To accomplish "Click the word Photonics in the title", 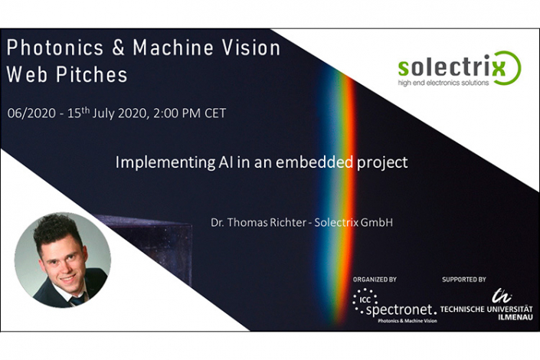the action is (x=54, y=47).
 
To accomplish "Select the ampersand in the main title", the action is (x=118, y=47).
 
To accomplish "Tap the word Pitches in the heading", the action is (x=92, y=74).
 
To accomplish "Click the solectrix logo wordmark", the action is (x=451, y=67).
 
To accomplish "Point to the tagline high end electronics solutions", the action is (x=443, y=83).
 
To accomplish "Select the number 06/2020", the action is (x=31, y=113).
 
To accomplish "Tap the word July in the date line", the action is (x=103, y=113).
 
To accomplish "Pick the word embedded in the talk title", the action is (x=314, y=162).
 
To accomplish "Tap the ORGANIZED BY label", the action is (x=375, y=280).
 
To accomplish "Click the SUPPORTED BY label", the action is (x=464, y=280).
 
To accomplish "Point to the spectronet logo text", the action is (x=401, y=310).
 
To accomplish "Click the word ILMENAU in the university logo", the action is (x=515, y=317).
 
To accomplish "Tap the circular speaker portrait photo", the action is (x=62, y=260).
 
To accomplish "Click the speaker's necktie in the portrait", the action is (x=77, y=299).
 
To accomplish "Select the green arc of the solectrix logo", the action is (x=512, y=68).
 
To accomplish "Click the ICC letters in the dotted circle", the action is (x=365, y=299).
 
